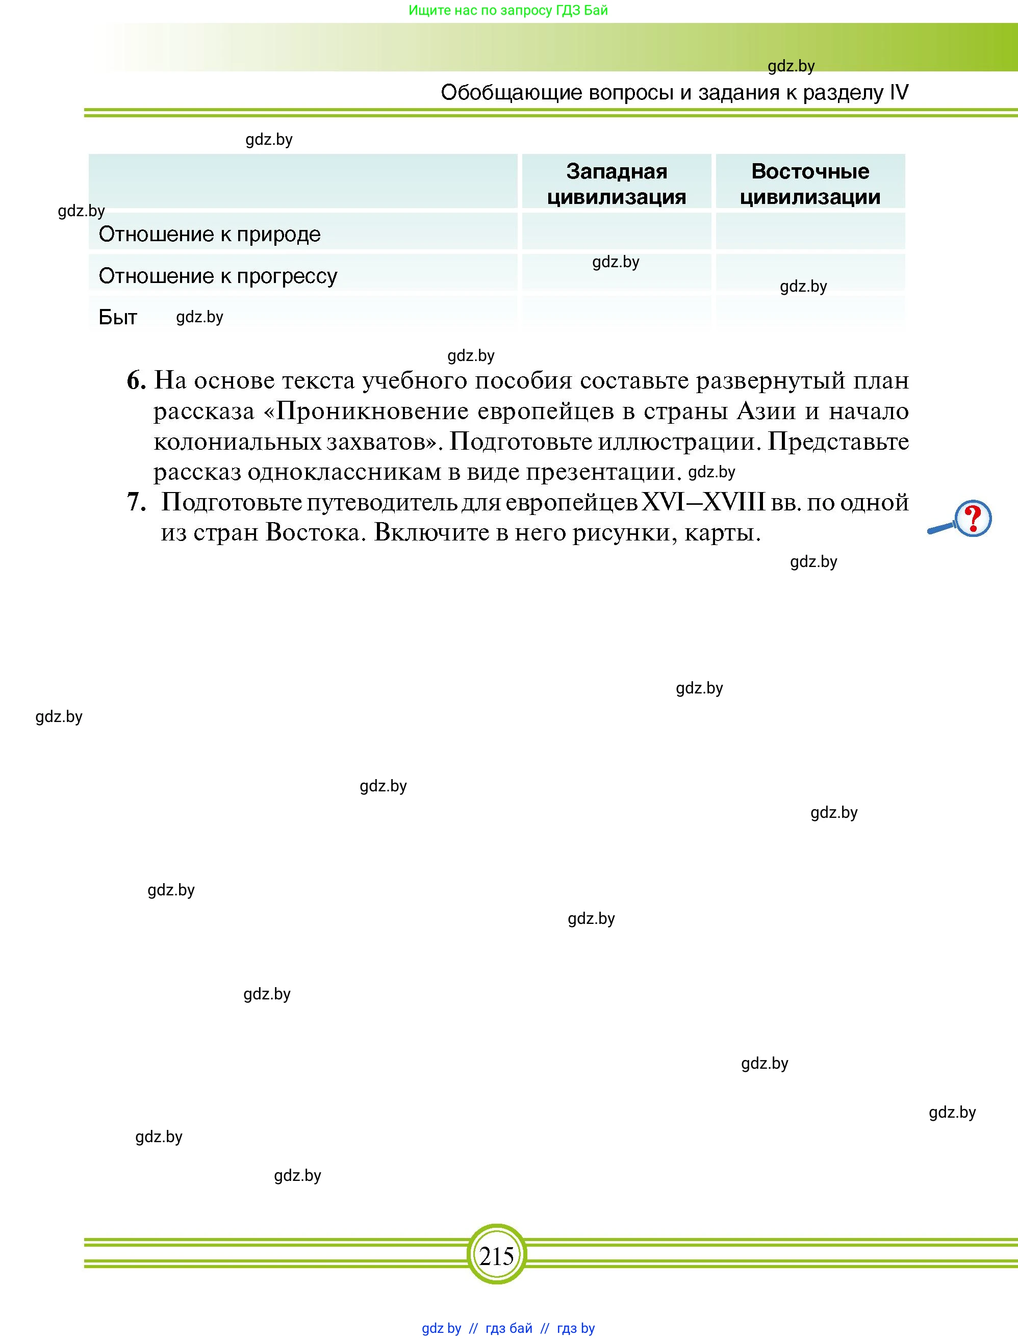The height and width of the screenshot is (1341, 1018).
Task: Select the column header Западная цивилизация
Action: pyautogui.click(x=616, y=184)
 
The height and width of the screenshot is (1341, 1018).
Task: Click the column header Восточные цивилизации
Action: pyautogui.click(x=810, y=184)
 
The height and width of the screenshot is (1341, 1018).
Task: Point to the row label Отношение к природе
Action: pyautogui.click(x=209, y=234)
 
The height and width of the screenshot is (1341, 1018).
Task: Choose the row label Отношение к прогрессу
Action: pyautogui.click(x=218, y=276)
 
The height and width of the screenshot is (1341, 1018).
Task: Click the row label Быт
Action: pyautogui.click(x=118, y=317)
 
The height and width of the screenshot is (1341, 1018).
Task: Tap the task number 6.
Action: pyautogui.click(x=136, y=381)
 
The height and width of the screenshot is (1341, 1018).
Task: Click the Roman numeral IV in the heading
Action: pyautogui.click(x=899, y=92)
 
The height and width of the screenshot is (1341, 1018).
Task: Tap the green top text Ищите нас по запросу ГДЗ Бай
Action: pyautogui.click(x=508, y=10)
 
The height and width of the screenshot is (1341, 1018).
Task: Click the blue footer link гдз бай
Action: pyautogui.click(x=508, y=1328)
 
